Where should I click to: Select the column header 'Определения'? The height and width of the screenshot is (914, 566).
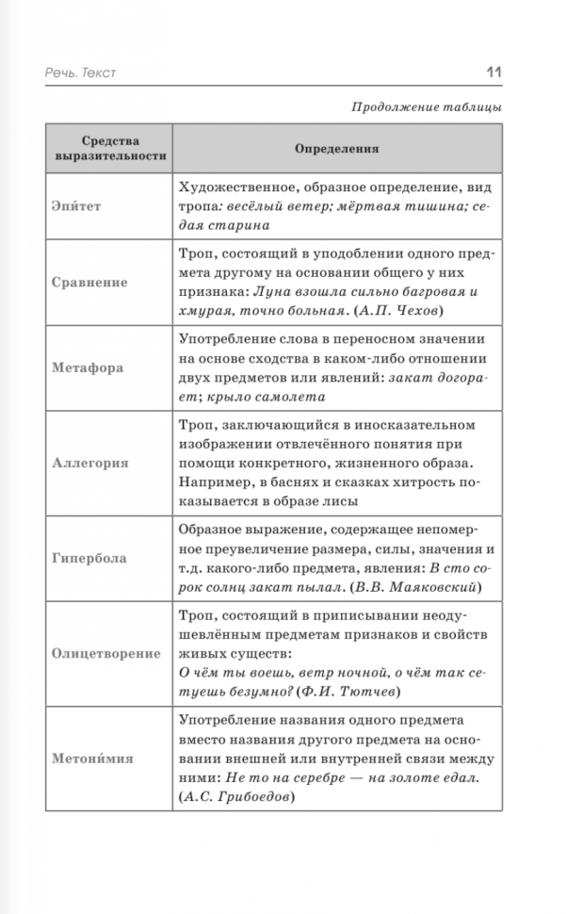(x=336, y=148)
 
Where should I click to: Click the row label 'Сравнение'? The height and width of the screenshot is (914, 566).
(x=89, y=282)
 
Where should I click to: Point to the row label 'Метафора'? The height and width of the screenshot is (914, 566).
(x=87, y=367)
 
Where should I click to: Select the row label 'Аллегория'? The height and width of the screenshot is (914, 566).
(x=90, y=464)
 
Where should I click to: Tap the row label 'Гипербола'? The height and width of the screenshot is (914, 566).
(x=89, y=559)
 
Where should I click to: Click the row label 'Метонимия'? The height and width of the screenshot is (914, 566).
(x=92, y=758)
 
